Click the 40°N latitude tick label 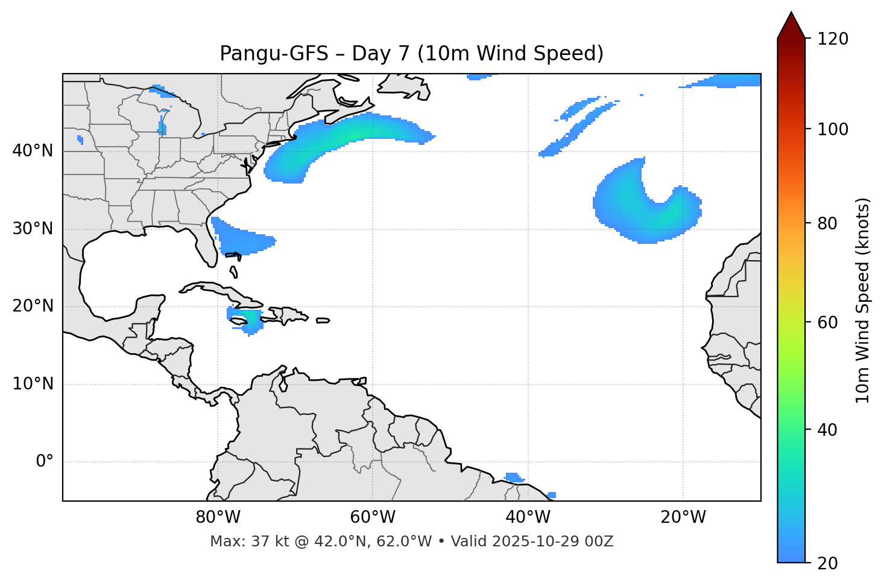33,151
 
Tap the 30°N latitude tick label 33,229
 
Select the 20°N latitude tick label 33,306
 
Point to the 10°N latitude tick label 33,384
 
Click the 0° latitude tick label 45,462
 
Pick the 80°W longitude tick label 218,517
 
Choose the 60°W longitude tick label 373,517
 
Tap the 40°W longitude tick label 528,517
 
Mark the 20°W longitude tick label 683,517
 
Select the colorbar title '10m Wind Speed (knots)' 863,300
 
